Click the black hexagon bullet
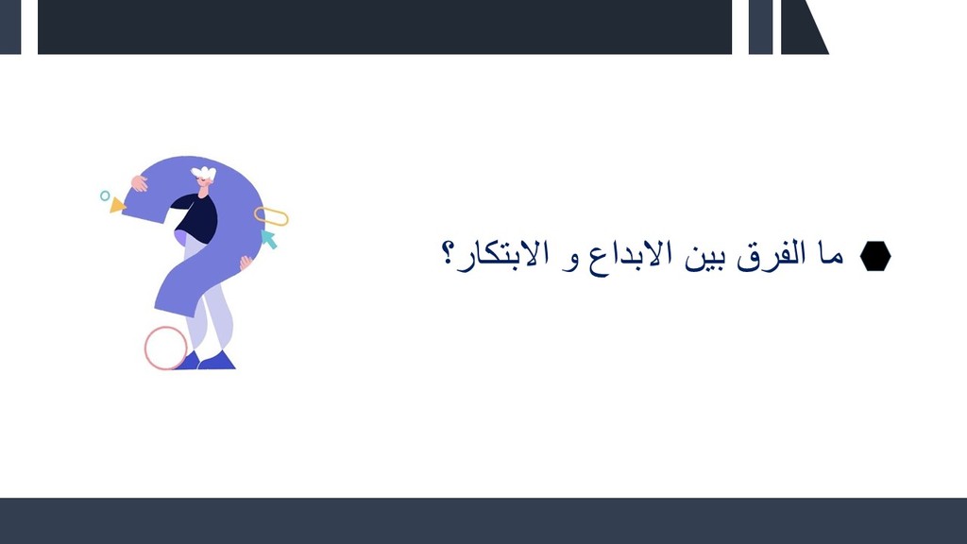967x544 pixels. (875, 256)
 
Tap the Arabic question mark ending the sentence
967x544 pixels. (448, 253)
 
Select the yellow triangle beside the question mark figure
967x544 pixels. (117, 205)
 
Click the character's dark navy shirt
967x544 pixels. (197, 217)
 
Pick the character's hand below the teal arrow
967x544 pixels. (246, 263)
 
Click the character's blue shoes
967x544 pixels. (210, 362)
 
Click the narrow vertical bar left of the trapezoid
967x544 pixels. (760, 27)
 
